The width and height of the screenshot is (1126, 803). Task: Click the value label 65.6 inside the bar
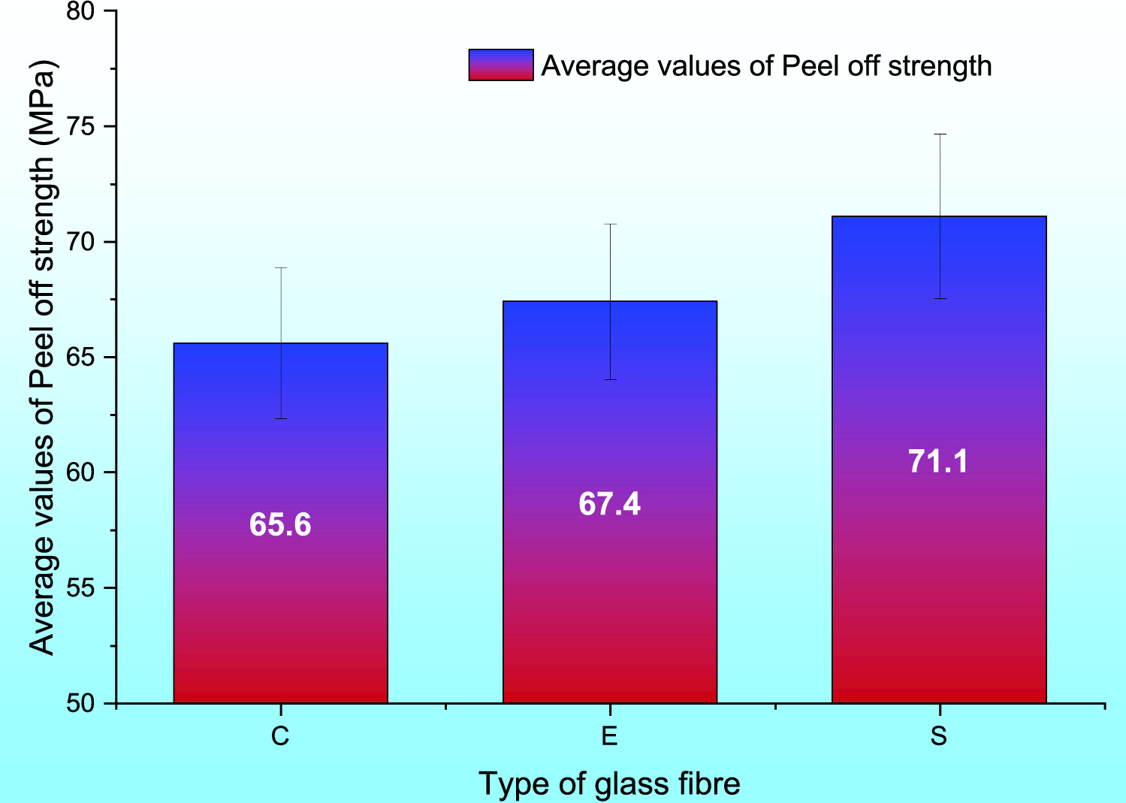click(x=280, y=524)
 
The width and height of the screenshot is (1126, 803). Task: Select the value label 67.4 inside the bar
click(x=609, y=503)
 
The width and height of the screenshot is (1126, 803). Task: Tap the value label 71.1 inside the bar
click(x=938, y=460)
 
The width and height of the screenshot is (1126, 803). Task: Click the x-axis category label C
click(x=280, y=736)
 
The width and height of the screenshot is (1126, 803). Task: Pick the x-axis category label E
click(x=609, y=736)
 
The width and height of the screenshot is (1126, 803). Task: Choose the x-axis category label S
click(x=938, y=736)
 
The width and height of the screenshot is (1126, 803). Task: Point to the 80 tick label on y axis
click(x=80, y=12)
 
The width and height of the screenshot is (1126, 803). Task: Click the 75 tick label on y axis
click(x=80, y=126)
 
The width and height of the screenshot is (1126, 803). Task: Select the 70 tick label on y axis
click(x=80, y=242)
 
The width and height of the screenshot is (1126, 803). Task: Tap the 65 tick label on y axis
click(x=80, y=357)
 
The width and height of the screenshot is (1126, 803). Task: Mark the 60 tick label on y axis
click(x=80, y=472)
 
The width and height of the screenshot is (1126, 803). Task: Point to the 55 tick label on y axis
click(x=80, y=588)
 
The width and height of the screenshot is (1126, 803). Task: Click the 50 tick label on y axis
click(x=80, y=704)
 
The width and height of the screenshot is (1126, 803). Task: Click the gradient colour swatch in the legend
click(x=501, y=65)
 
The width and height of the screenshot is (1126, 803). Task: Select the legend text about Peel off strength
click(x=766, y=66)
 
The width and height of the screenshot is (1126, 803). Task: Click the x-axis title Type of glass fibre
click(x=609, y=783)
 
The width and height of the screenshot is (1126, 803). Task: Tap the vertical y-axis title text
click(x=42, y=357)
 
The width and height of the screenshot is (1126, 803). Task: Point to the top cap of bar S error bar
click(x=939, y=134)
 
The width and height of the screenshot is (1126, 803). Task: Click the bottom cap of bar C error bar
click(x=280, y=418)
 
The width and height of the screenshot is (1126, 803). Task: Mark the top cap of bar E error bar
click(x=610, y=224)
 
